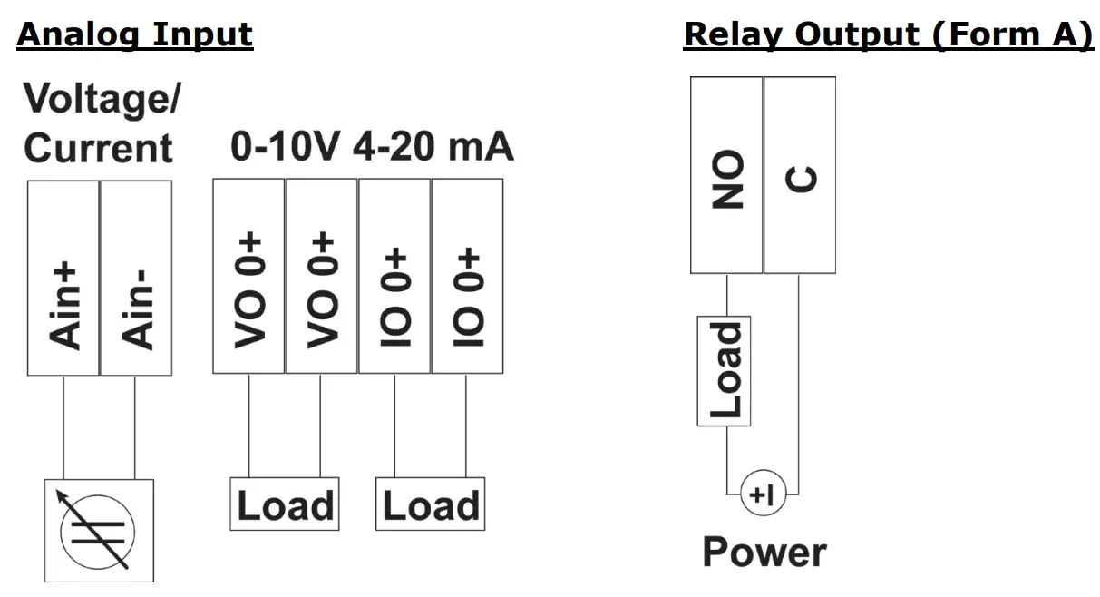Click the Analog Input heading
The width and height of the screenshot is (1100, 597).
point(135,34)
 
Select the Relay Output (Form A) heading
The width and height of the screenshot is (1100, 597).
point(888,34)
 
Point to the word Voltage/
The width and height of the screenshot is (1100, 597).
point(101,99)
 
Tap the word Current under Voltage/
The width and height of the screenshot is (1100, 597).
point(98,148)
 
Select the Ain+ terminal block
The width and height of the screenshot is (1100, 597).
point(63,278)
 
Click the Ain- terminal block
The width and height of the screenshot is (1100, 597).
point(136,278)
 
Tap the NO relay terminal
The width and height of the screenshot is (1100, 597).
point(726,175)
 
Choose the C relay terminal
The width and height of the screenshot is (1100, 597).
point(799,175)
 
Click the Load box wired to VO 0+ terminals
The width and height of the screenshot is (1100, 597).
point(285,504)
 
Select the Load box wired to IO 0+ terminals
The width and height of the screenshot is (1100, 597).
point(431,504)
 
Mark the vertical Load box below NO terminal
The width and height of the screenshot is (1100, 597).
point(724,371)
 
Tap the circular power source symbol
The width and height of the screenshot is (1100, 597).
point(763,494)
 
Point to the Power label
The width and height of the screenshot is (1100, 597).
point(764,552)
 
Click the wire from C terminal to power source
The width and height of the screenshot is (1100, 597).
point(799,381)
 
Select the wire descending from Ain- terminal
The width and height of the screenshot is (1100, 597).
point(135,426)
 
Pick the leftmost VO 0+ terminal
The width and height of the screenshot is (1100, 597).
point(248,276)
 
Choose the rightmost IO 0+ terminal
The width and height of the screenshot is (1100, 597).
point(467,276)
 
